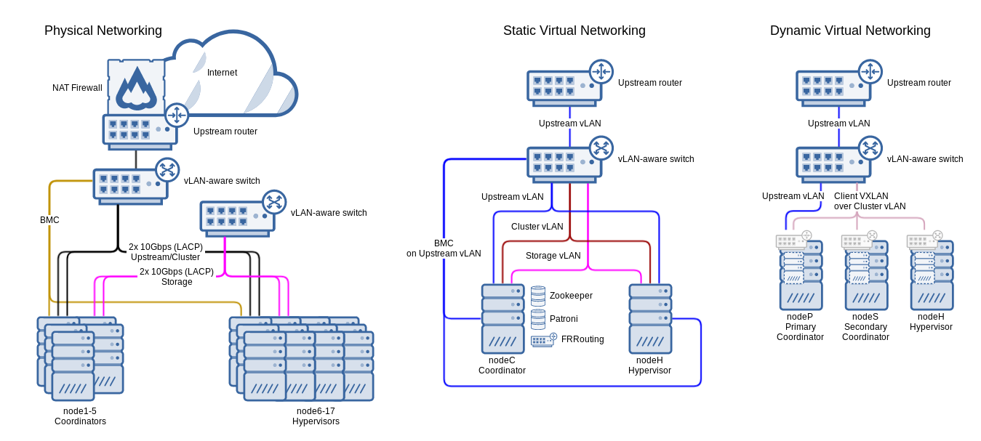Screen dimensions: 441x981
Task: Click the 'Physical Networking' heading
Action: (x=103, y=31)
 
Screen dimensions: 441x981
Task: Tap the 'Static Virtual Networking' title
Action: (x=574, y=31)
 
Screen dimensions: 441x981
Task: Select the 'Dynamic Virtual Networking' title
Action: (x=849, y=31)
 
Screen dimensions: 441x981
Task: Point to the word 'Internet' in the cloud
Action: (x=222, y=73)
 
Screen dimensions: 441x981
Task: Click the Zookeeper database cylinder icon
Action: (x=538, y=296)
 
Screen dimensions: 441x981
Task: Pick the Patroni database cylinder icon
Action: (x=538, y=319)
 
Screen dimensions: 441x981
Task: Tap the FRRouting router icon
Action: (x=543, y=340)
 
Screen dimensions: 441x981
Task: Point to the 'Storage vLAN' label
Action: (x=553, y=256)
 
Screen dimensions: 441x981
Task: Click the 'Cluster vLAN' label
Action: (x=537, y=227)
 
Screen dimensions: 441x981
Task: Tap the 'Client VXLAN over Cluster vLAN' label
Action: (x=870, y=201)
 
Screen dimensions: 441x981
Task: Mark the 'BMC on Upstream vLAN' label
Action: (x=444, y=248)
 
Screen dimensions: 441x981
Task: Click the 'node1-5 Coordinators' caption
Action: (x=80, y=416)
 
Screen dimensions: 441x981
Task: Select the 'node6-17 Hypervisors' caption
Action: (x=316, y=416)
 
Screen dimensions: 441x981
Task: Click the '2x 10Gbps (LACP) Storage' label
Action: (x=177, y=277)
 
